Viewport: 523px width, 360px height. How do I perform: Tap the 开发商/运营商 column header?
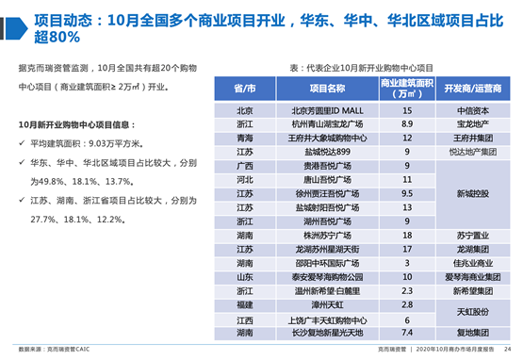471,89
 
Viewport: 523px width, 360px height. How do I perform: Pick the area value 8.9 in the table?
407,123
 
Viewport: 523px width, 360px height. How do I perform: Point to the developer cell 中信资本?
471,110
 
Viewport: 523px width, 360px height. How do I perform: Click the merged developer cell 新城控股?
471,193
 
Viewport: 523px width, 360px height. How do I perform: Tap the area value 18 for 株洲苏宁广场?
407,235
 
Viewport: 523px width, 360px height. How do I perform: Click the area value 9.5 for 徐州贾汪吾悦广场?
407,193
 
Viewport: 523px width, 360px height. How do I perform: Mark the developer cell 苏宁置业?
471,235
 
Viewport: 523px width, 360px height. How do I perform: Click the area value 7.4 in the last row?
407,333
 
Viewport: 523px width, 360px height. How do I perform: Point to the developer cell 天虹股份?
471,312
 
